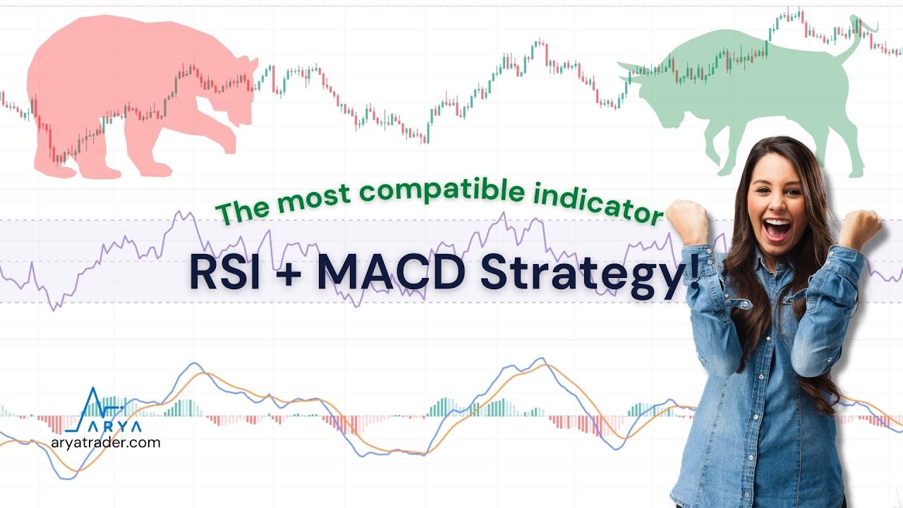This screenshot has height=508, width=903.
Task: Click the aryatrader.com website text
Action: click(106, 443)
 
